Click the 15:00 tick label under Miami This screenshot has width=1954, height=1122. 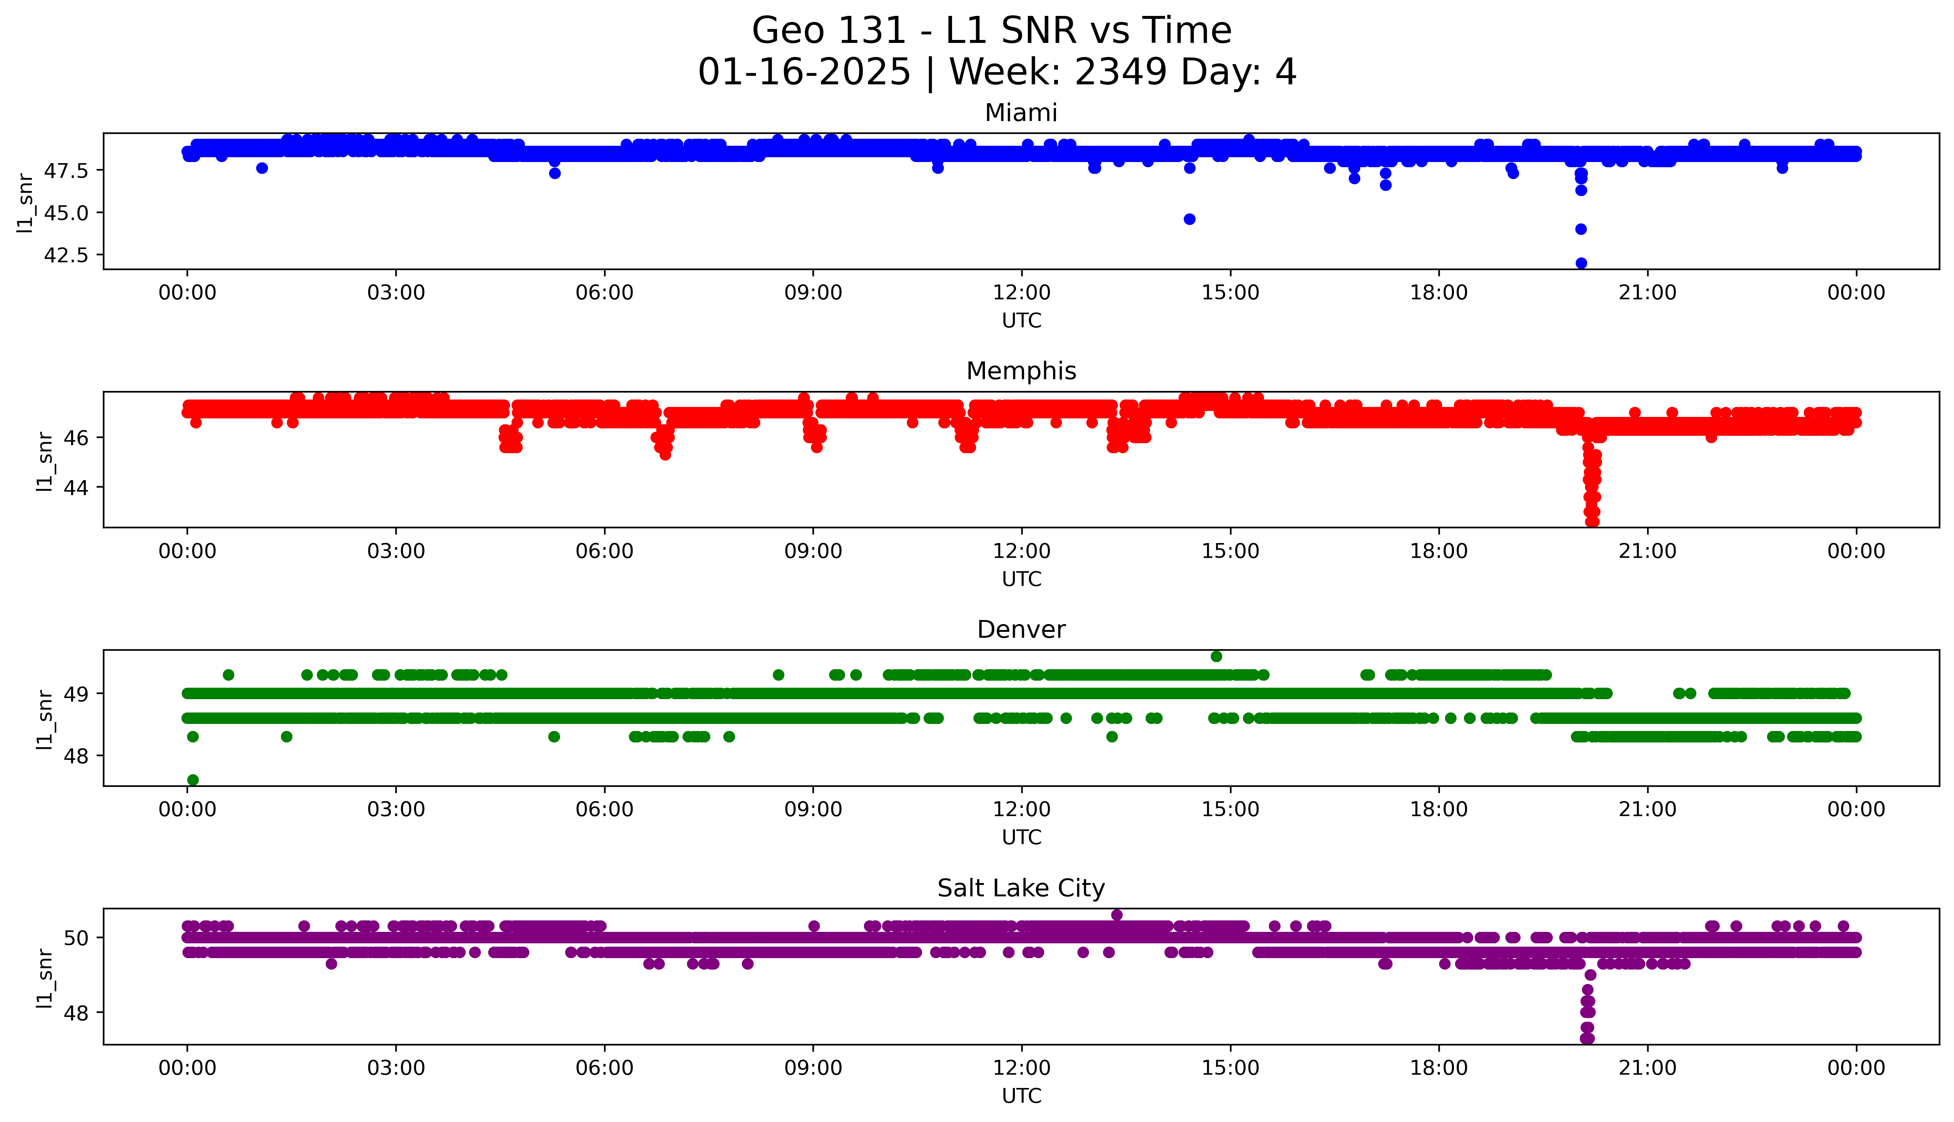(1230, 293)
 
